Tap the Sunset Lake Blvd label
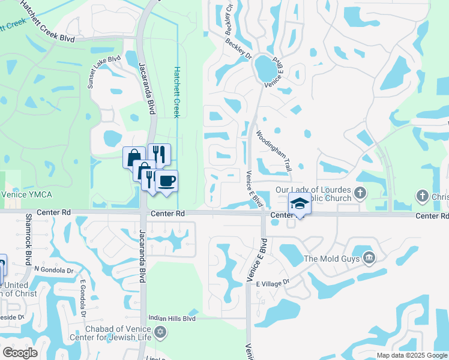click(100, 74)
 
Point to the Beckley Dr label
click(238, 50)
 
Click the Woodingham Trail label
click(274, 151)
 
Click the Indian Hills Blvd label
click(173, 319)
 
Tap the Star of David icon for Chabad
click(160, 332)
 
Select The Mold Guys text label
click(331, 259)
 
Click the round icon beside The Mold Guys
click(369, 258)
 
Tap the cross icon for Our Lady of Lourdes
click(360, 193)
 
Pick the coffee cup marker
click(166, 181)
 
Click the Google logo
click(20, 353)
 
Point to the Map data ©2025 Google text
click(411, 355)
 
